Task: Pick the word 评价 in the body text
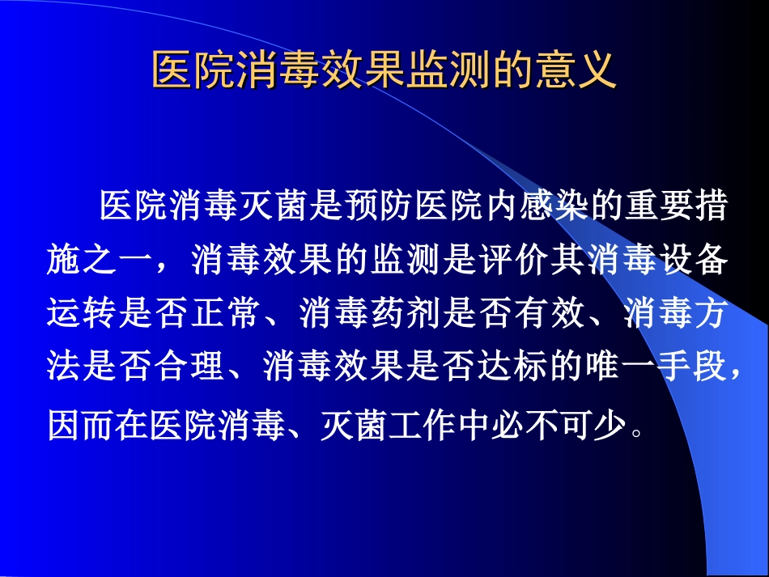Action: pyautogui.click(x=477, y=261)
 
